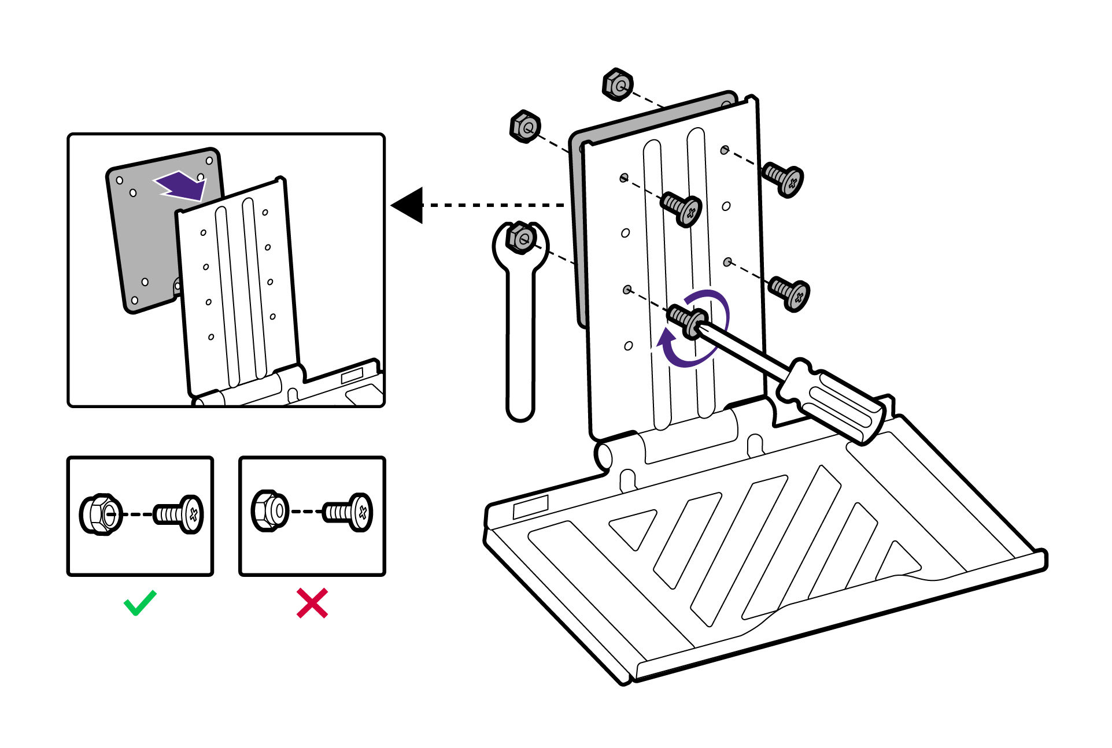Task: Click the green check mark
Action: pyautogui.click(x=140, y=603)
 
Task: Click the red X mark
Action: pyautogui.click(x=312, y=603)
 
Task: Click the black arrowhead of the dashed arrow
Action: pyautogui.click(x=409, y=205)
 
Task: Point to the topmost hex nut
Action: pyautogui.click(x=618, y=85)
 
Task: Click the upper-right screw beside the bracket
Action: pyautogui.click(x=784, y=178)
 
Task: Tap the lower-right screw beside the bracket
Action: pyautogui.click(x=790, y=293)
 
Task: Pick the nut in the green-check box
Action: pyautogui.click(x=101, y=514)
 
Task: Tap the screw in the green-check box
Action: pyautogui.click(x=179, y=514)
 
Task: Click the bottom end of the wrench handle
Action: pyautogui.click(x=520, y=410)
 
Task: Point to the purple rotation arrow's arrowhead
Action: pyautogui.click(x=666, y=338)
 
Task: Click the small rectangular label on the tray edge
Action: pyautogui.click(x=530, y=507)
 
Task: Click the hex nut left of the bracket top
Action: pyautogui.click(x=526, y=127)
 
